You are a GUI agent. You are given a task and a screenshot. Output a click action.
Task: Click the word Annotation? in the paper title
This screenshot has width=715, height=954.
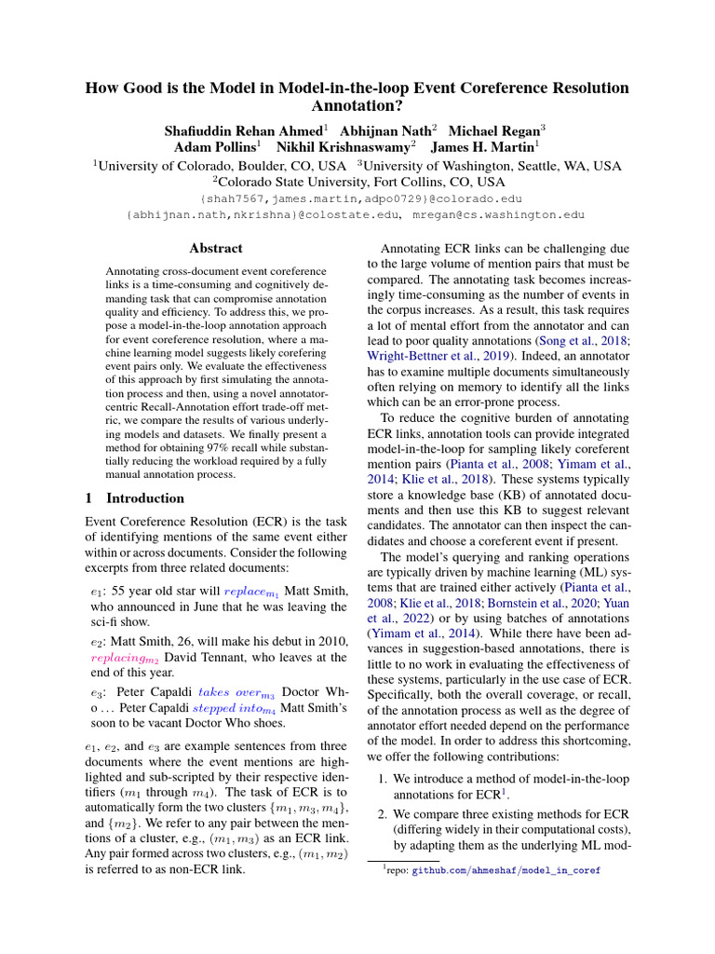(357, 107)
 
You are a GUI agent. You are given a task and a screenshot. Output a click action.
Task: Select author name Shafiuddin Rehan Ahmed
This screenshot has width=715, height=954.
(245, 131)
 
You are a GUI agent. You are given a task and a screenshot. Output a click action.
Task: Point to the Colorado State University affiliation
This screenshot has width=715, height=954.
(357, 182)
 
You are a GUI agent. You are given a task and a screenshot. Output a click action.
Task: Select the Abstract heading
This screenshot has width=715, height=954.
(215, 249)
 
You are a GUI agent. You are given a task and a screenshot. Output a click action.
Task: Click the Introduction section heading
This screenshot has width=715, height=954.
(145, 498)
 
